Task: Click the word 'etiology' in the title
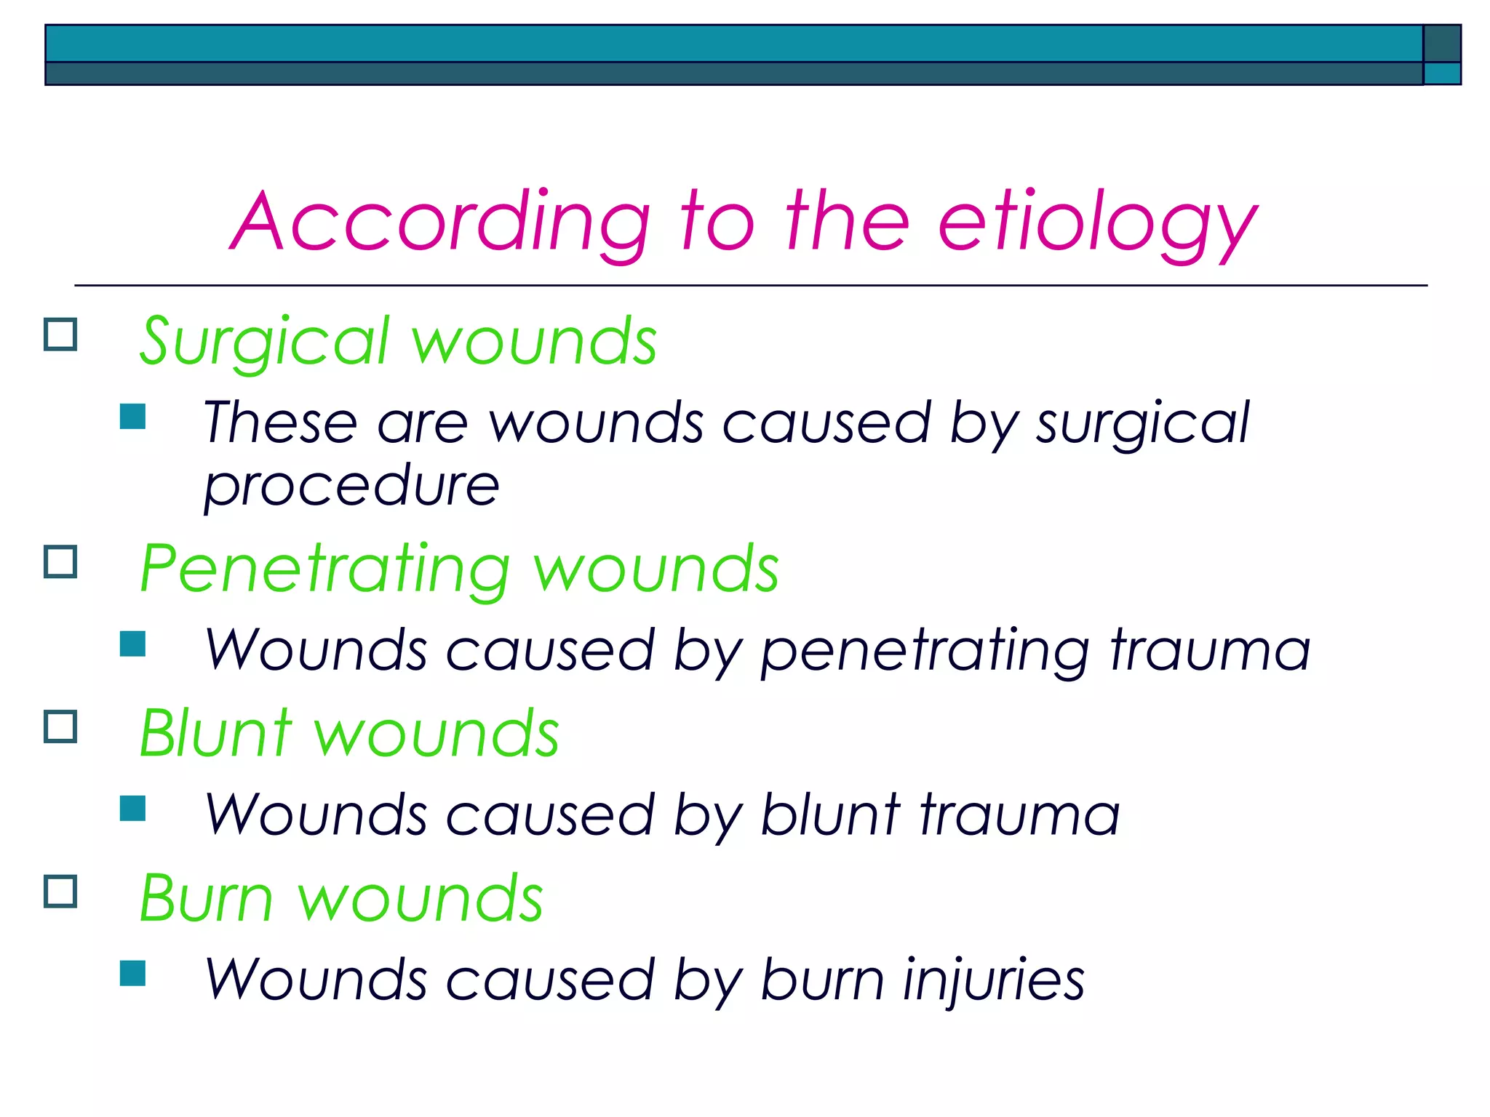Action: [x=1097, y=222]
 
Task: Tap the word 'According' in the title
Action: [x=440, y=222]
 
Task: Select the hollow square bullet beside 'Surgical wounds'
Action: [x=60, y=335]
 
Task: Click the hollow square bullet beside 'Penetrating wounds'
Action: [x=60, y=562]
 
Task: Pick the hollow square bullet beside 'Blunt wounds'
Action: [x=60, y=726]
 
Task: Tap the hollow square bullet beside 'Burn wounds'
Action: [x=60, y=892]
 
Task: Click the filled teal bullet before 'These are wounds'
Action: [x=132, y=417]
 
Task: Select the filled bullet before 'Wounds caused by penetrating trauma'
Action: [x=132, y=644]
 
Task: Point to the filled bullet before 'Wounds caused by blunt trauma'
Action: [x=132, y=808]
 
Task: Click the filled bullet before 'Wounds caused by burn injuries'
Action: [x=132, y=973]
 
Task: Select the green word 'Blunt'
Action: [x=215, y=734]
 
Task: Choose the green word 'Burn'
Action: [x=207, y=899]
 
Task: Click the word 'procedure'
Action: [x=351, y=486]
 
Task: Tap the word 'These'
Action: [x=280, y=423]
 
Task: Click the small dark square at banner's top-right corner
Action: [x=1441, y=44]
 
